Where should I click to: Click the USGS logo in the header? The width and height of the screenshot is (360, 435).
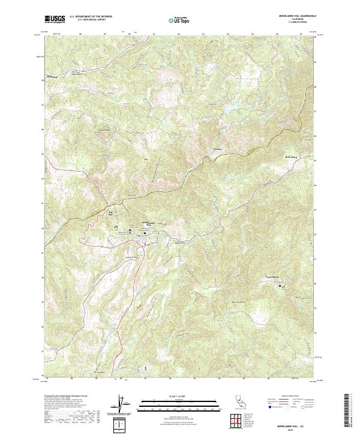(x=54, y=19)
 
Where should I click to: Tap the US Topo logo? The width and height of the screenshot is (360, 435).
(x=176, y=20)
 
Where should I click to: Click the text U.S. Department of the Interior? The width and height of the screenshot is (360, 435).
(x=90, y=16)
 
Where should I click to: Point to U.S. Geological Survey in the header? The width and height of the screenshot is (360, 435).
(x=88, y=20)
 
